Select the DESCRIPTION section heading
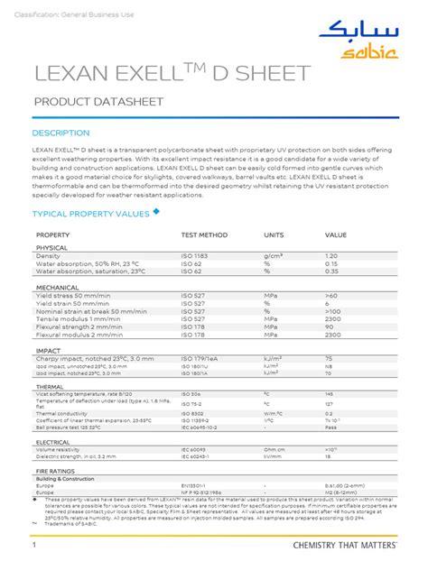coord(60,133)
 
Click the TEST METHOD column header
coord(204,234)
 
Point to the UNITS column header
coord(274,234)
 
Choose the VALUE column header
coord(336,234)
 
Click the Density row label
coord(48,256)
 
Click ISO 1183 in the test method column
coord(194,256)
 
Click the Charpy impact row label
coord(80,358)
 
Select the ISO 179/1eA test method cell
coord(200,358)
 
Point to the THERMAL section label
coord(50,386)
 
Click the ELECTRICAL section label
coord(53,443)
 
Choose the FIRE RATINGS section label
coord(56,471)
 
